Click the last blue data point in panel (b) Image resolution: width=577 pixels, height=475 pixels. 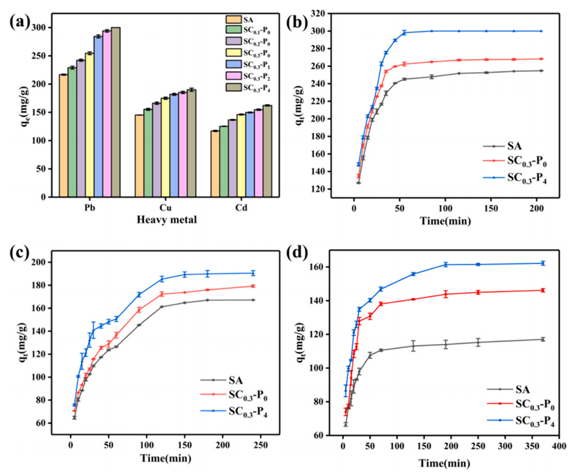[x=541, y=31]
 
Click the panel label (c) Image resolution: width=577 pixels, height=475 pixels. [x=21, y=254]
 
